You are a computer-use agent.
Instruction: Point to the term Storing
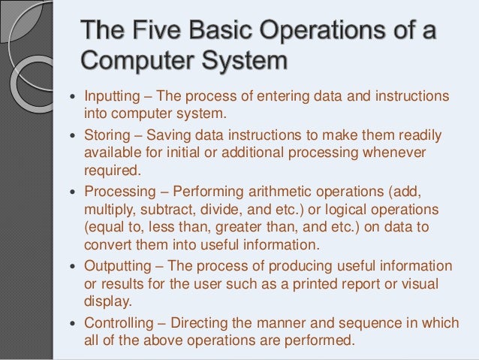tap(104, 136)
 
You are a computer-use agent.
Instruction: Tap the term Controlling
tap(116, 322)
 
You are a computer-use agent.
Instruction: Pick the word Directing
tap(199, 322)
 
